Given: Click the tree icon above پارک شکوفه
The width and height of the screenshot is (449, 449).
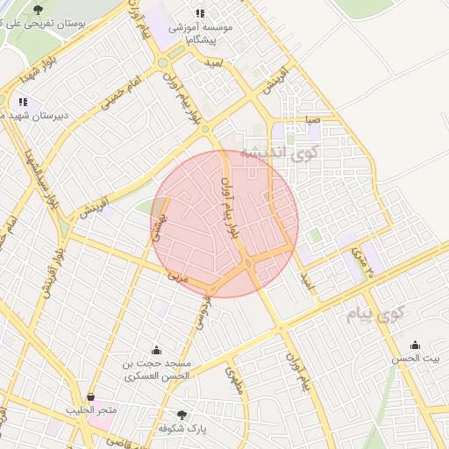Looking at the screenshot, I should (x=182, y=414).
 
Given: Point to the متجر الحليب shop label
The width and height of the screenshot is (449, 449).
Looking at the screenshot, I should (x=91, y=410).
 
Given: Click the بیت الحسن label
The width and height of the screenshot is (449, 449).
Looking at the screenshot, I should (x=415, y=358).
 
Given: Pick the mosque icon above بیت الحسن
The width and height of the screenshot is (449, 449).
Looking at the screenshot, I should (x=415, y=345).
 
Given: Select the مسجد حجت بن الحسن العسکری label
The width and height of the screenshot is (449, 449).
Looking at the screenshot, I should (x=156, y=369).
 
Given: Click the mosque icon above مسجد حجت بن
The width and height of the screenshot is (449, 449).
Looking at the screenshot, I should (x=156, y=351).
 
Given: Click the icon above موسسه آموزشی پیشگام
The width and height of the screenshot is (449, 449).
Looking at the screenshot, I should (x=201, y=13).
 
